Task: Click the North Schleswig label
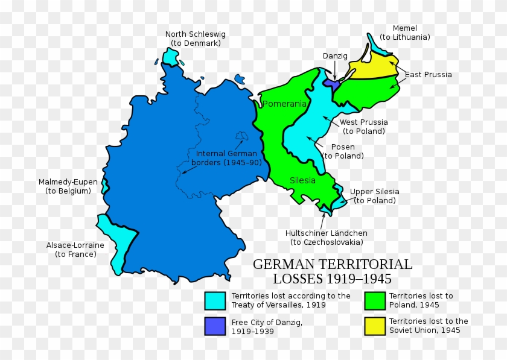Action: [193, 39]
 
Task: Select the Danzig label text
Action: [335, 55]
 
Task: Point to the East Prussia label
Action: [428, 75]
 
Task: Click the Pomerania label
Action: [285, 104]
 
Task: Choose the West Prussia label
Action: [363, 127]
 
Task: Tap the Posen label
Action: [343, 151]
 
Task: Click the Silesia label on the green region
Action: [302, 180]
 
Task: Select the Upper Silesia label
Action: [374, 196]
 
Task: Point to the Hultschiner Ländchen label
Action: [326, 238]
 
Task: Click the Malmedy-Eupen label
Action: [64, 186]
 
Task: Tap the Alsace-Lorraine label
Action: [75, 250]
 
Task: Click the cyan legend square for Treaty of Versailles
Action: [215, 300]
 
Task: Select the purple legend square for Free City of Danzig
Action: [215, 326]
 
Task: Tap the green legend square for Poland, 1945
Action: [374, 300]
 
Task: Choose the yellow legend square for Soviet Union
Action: [374, 326]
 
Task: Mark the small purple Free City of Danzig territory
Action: [331, 84]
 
